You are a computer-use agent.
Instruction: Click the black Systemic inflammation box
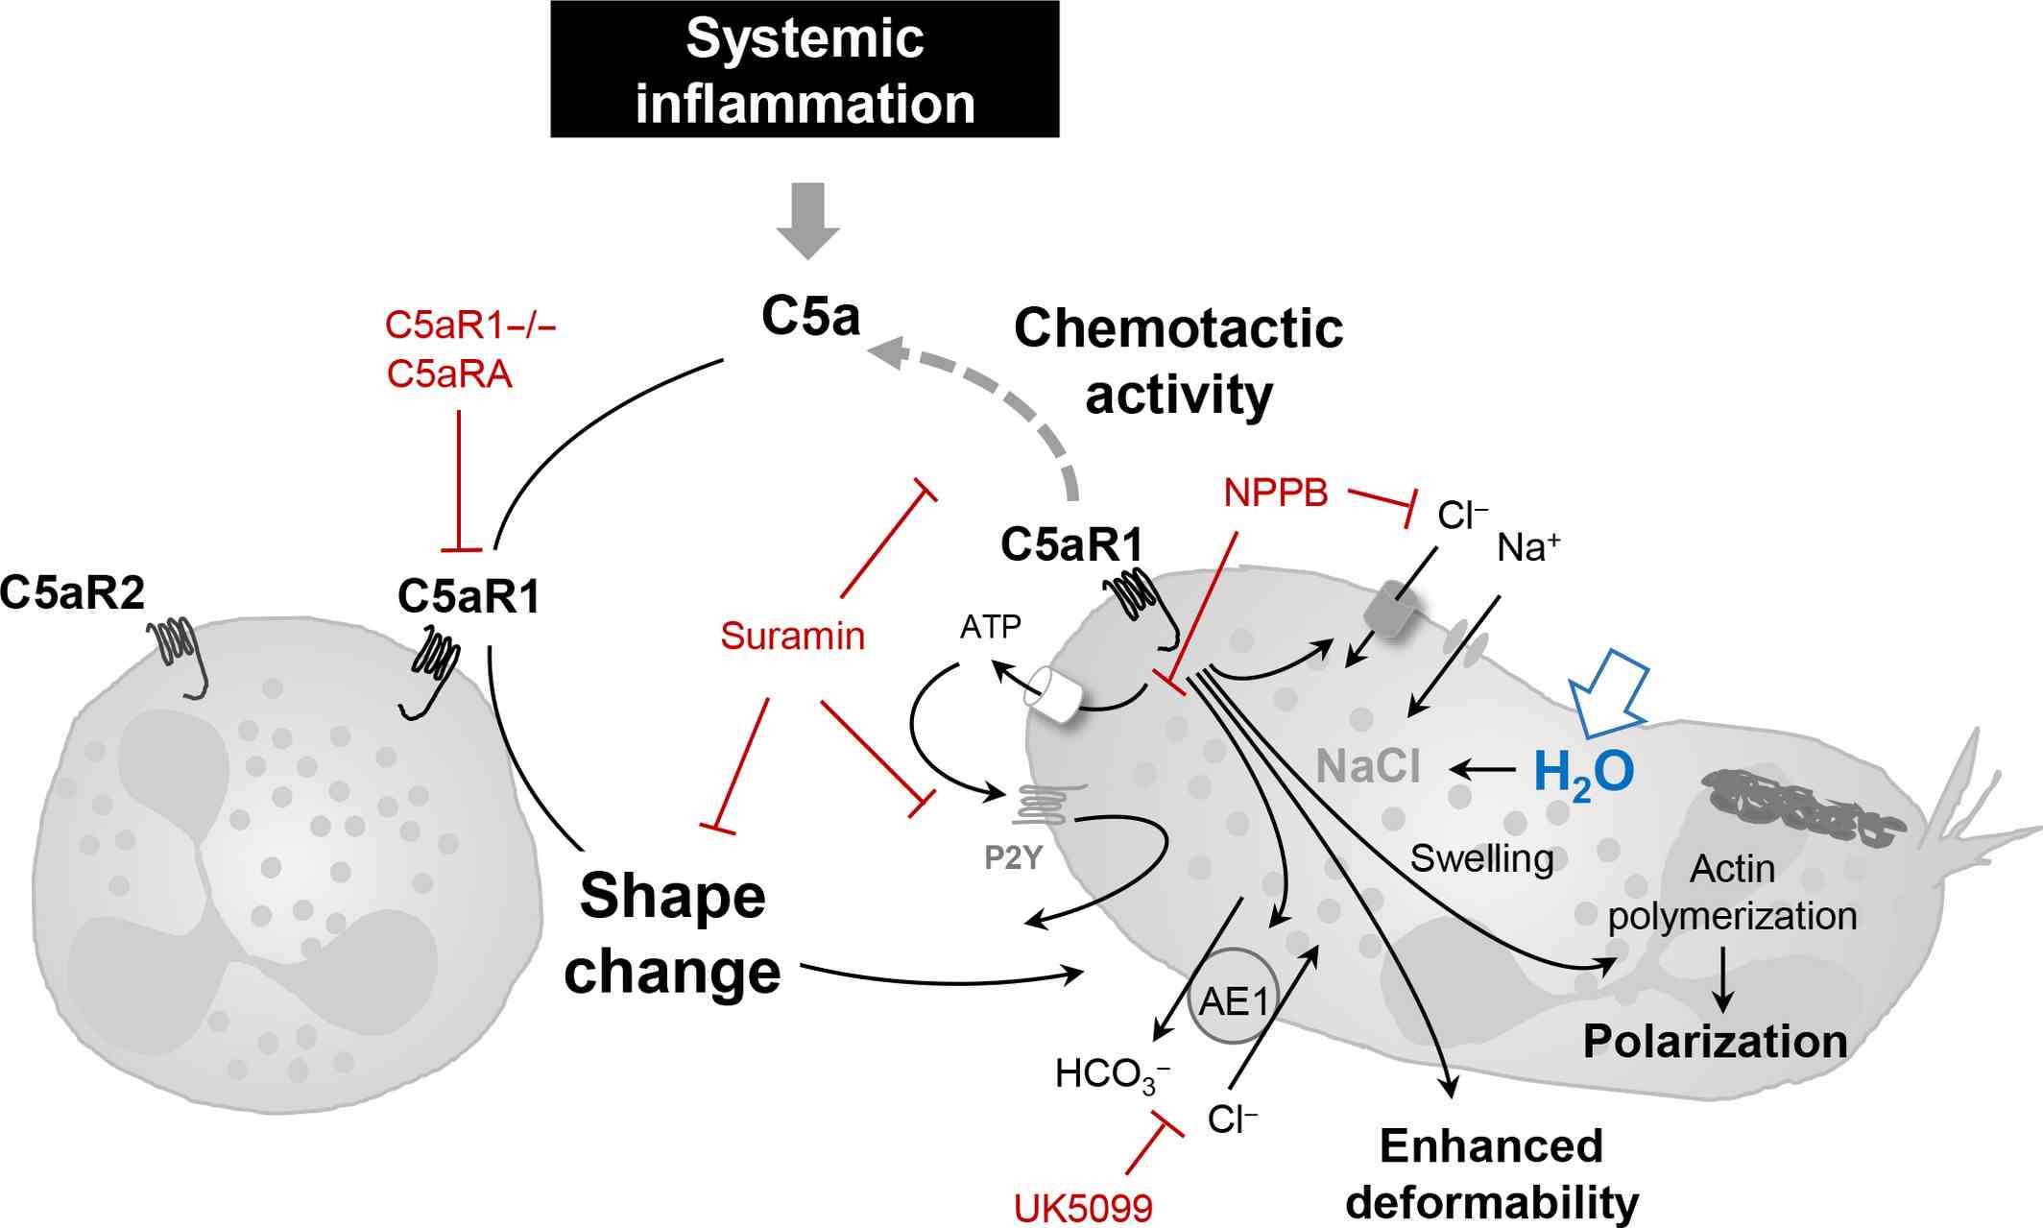[805, 69]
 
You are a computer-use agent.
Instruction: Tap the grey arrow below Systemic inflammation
[808, 220]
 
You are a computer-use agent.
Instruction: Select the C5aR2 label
[72, 592]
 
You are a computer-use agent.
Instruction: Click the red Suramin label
[792, 636]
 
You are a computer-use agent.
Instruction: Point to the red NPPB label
[1276, 493]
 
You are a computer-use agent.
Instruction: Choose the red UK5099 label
[1083, 1208]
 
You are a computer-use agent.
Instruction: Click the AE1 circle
[1234, 1000]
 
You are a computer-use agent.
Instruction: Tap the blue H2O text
[1583, 772]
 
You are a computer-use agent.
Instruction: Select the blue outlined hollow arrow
[1610, 692]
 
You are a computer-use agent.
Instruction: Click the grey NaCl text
[1368, 766]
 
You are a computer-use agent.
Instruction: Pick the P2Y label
[1013, 857]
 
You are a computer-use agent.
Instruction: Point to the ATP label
[991, 627]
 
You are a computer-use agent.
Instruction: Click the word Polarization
[1715, 1042]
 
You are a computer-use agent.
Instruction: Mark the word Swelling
[1481, 858]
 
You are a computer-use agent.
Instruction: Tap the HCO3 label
[1112, 1074]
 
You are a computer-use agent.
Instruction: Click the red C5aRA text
[449, 373]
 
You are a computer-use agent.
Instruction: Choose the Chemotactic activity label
[1178, 361]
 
